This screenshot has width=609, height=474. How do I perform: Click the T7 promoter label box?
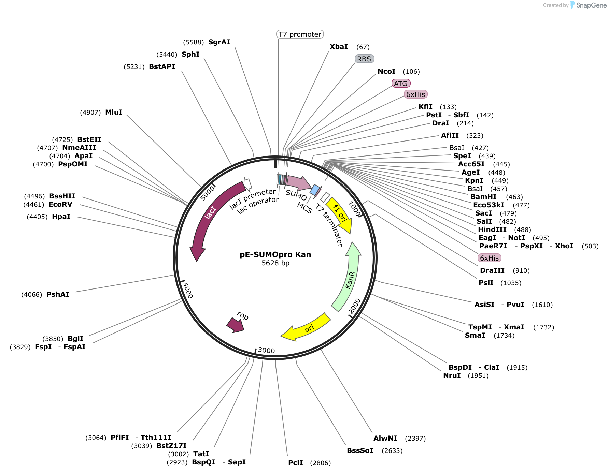point(300,34)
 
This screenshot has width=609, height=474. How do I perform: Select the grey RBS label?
point(364,59)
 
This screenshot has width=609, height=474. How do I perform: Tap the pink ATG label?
point(401,84)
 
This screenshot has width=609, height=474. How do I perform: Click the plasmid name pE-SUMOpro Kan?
point(275,255)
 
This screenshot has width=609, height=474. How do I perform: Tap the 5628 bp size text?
point(275,263)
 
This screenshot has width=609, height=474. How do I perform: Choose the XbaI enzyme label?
point(339,47)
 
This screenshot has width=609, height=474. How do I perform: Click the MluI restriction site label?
point(114,112)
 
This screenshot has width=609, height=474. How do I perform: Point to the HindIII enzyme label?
point(492,229)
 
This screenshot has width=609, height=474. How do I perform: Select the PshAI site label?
point(58,294)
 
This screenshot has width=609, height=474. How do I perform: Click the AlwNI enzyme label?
point(385,438)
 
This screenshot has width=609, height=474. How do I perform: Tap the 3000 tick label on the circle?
point(266,350)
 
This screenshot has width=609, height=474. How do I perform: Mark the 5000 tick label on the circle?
point(208,193)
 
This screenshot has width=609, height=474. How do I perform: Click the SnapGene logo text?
point(591,5)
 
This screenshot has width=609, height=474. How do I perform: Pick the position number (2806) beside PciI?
point(320,463)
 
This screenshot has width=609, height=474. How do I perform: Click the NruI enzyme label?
point(452,375)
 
